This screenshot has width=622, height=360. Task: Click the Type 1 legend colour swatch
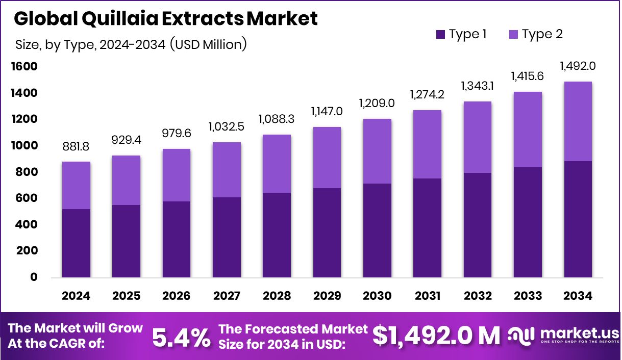tap(440, 35)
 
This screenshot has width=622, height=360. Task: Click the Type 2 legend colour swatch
tap(513, 35)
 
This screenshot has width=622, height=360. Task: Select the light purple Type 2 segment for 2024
tap(77, 185)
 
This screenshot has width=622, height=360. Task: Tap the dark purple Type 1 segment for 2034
tap(578, 219)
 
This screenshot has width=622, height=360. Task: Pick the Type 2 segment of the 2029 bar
tap(328, 157)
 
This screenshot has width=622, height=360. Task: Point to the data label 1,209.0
tap(378, 103)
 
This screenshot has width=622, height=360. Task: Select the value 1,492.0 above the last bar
tap(578, 66)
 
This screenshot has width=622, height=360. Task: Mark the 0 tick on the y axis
tap(34, 277)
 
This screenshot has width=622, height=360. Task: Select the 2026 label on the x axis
tap(177, 296)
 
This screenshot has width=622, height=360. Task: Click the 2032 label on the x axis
tap(478, 296)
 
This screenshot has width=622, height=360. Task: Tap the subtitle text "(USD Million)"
tap(208, 44)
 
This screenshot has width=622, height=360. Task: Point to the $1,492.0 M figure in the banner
tap(436, 336)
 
